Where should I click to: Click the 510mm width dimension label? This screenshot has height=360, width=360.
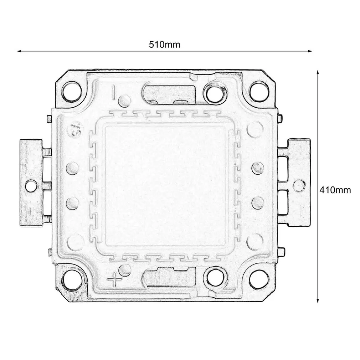[x=164, y=45]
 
